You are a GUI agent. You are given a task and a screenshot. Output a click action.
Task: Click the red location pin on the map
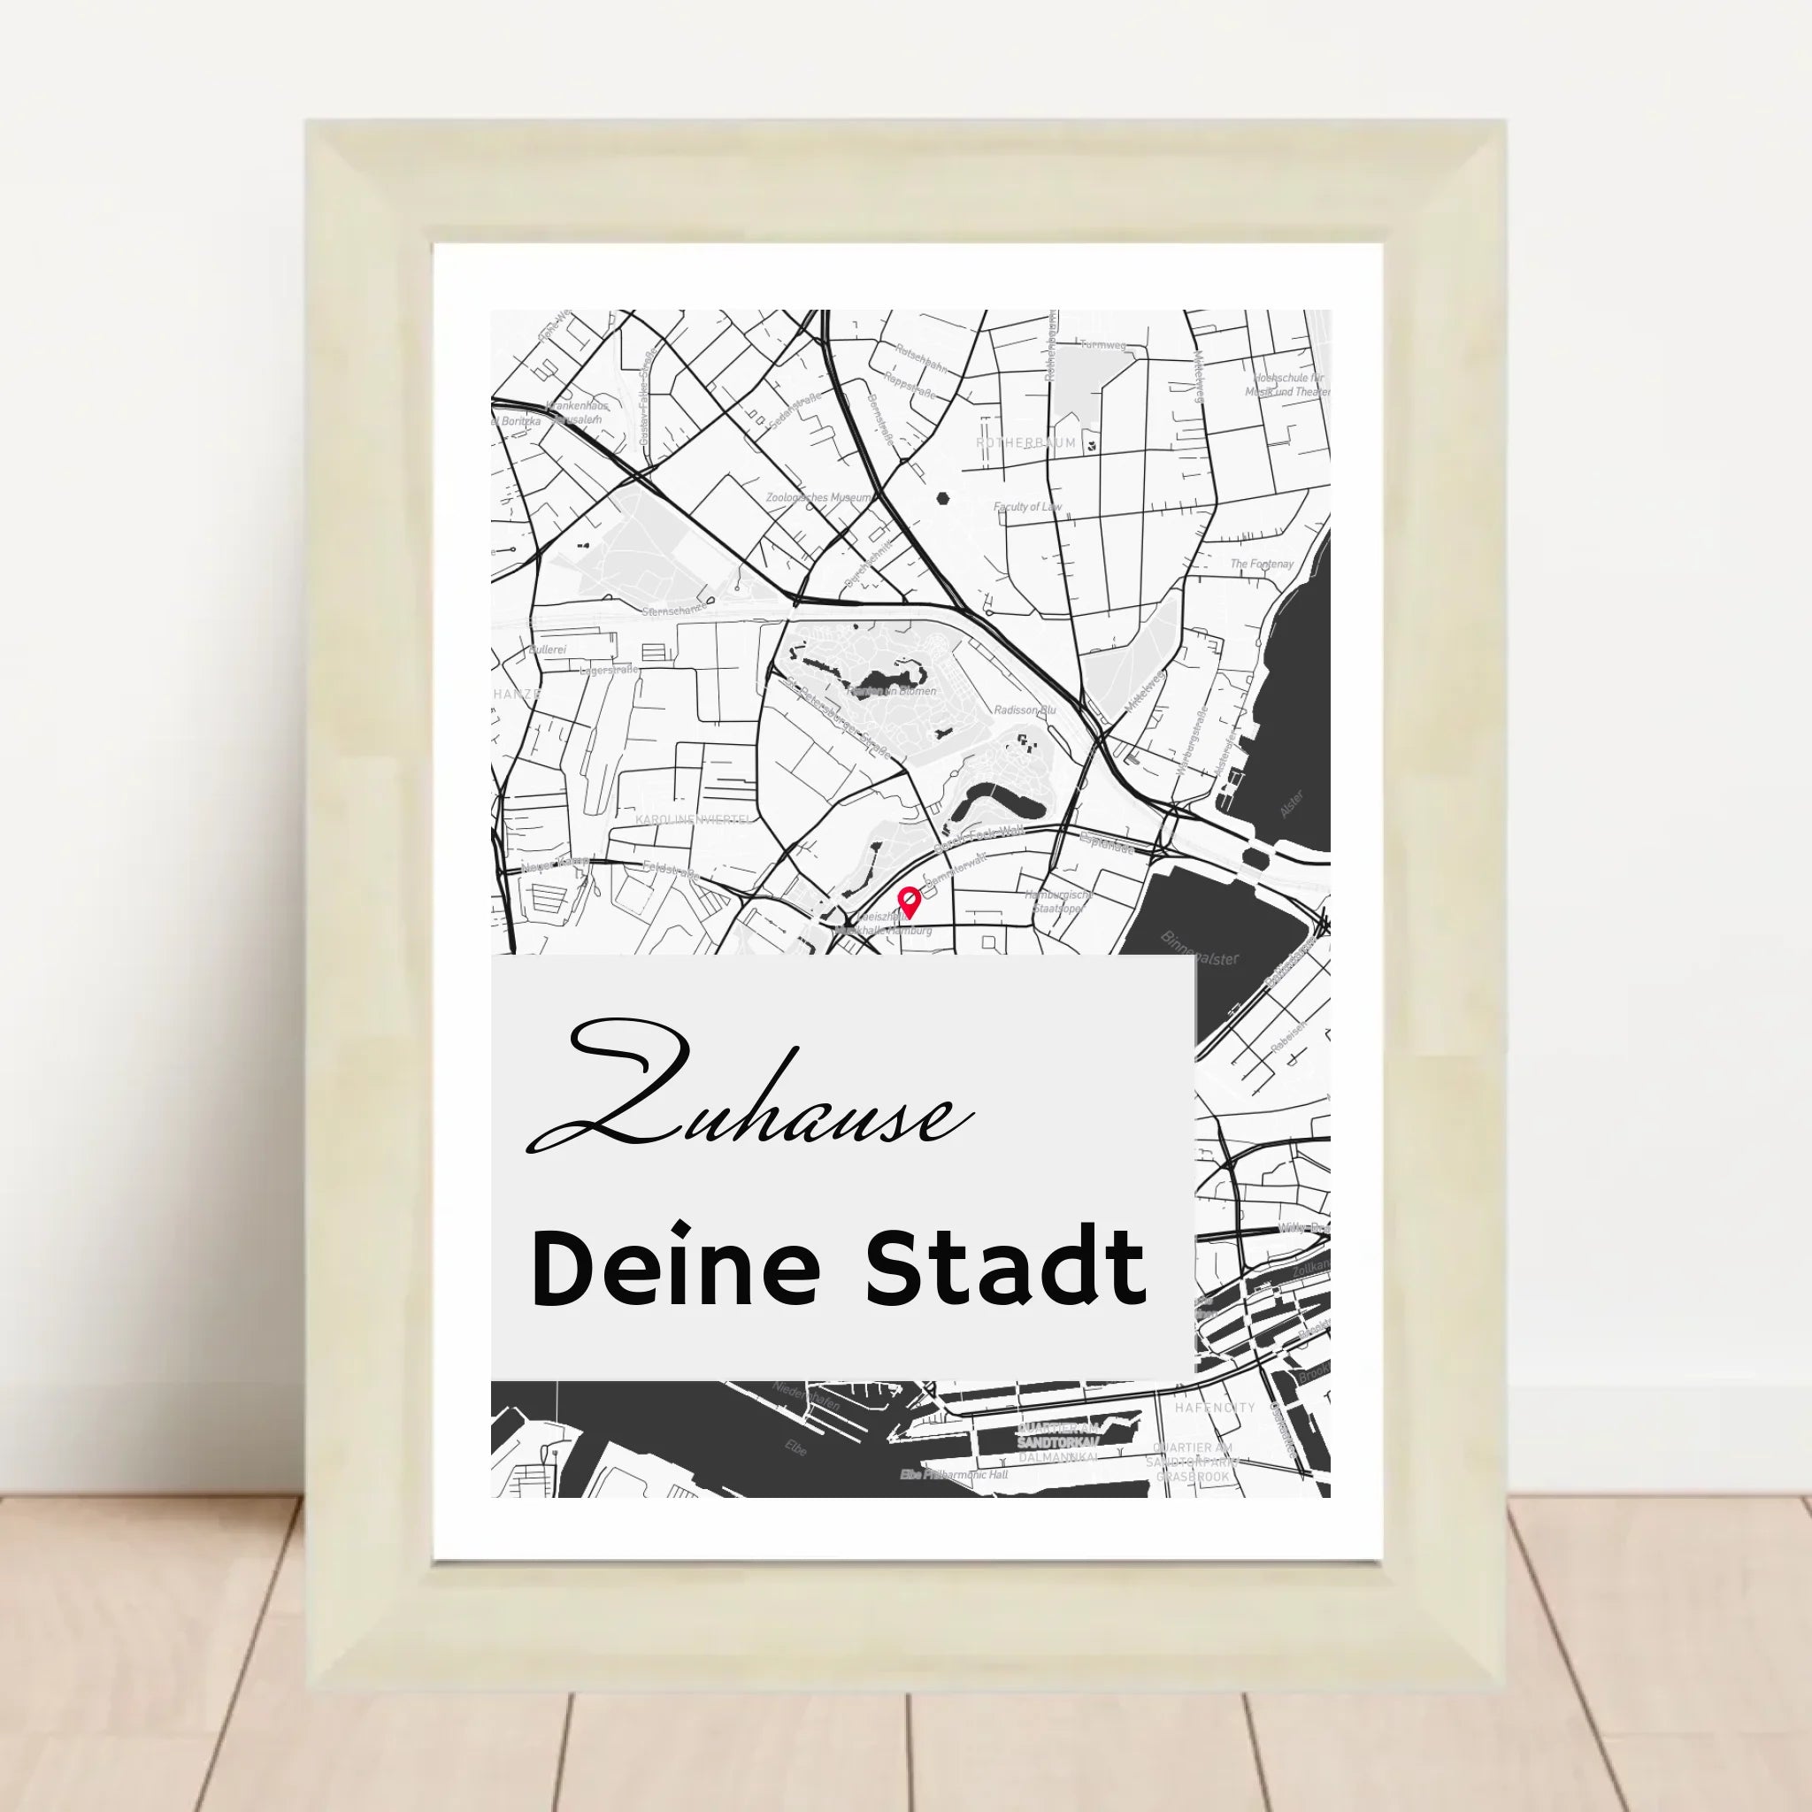[908, 902]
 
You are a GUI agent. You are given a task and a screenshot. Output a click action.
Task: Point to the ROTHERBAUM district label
[1026, 442]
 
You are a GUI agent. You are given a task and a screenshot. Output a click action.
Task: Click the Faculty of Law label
[1027, 506]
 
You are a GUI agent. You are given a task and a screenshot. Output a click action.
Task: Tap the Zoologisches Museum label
[818, 497]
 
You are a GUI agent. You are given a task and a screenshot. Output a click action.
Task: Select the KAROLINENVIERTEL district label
[693, 818]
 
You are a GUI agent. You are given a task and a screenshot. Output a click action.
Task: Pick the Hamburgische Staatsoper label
[1057, 902]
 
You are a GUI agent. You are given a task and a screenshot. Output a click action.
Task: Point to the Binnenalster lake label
[1200, 948]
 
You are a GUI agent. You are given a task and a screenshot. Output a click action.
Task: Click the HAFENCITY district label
[1215, 1408]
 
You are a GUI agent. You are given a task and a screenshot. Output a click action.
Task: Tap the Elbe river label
[795, 1447]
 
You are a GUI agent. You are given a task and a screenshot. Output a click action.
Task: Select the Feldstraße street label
[671, 870]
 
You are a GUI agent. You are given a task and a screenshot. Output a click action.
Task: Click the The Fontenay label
[1262, 564]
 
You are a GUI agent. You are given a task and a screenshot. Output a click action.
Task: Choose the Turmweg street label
[1102, 345]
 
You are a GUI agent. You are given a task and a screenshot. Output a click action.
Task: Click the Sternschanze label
[673, 610]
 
